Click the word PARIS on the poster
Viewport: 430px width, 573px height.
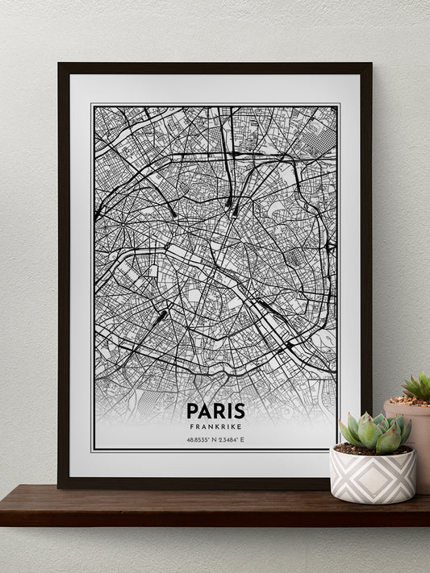[x=214, y=411]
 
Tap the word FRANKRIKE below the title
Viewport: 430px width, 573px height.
[x=214, y=426]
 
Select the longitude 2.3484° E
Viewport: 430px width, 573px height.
[x=233, y=440]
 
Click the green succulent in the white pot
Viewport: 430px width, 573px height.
[x=375, y=432]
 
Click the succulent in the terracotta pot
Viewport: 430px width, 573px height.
[x=417, y=387]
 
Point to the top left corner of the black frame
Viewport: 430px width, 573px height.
[x=60, y=64]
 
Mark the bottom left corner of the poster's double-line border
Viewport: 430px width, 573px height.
[x=92, y=450]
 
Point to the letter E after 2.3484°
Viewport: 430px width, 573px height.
[x=242, y=440]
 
